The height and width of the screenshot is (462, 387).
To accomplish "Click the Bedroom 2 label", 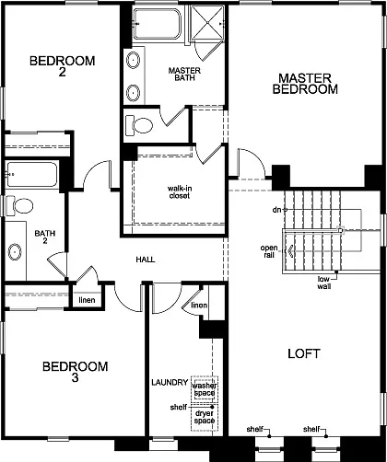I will [62, 68].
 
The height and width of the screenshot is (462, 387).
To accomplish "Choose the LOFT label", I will [304, 352].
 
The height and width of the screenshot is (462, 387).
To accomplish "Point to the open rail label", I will [269, 252].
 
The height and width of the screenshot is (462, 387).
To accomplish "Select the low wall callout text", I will [324, 283].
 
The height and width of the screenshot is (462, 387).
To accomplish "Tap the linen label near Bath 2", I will [85, 300].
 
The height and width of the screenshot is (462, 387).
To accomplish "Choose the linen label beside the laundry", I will [199, 305].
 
